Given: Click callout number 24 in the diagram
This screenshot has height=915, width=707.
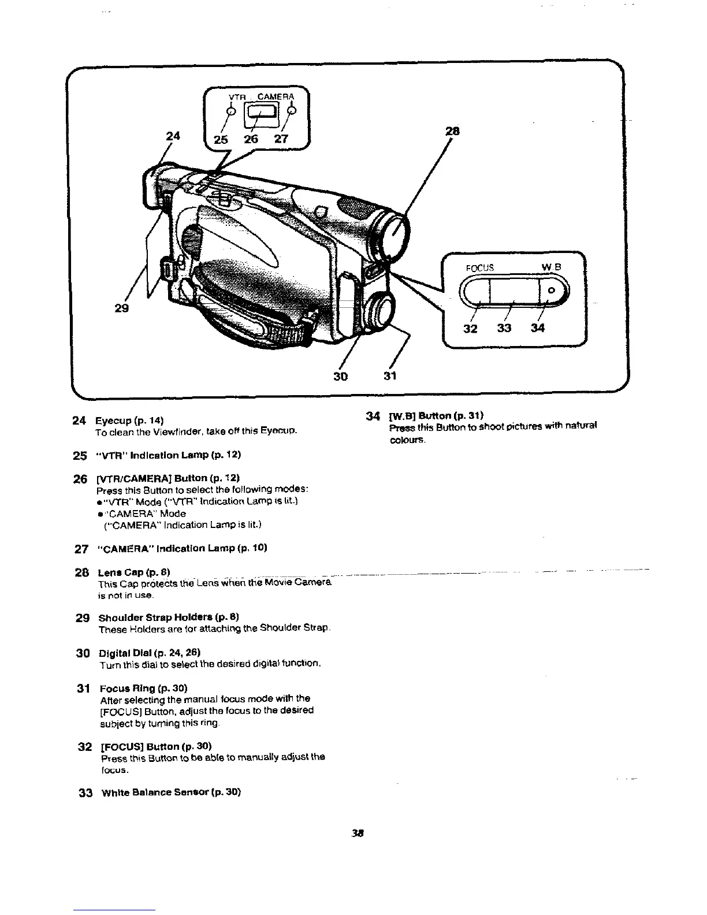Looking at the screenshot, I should click(x=171, y=136).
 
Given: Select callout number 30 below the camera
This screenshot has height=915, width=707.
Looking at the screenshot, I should click(x=340, y=376).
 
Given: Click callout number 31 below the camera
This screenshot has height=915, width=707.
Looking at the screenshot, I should click(x=390, y=376).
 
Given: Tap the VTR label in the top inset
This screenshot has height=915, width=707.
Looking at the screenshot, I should click(x=237, y=96).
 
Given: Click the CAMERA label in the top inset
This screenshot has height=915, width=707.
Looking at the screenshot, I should click(x=276, y=96).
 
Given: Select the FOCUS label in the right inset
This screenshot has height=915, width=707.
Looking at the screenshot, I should click(x=480, y=267).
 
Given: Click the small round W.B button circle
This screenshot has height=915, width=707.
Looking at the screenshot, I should click(x=552, y=290).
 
